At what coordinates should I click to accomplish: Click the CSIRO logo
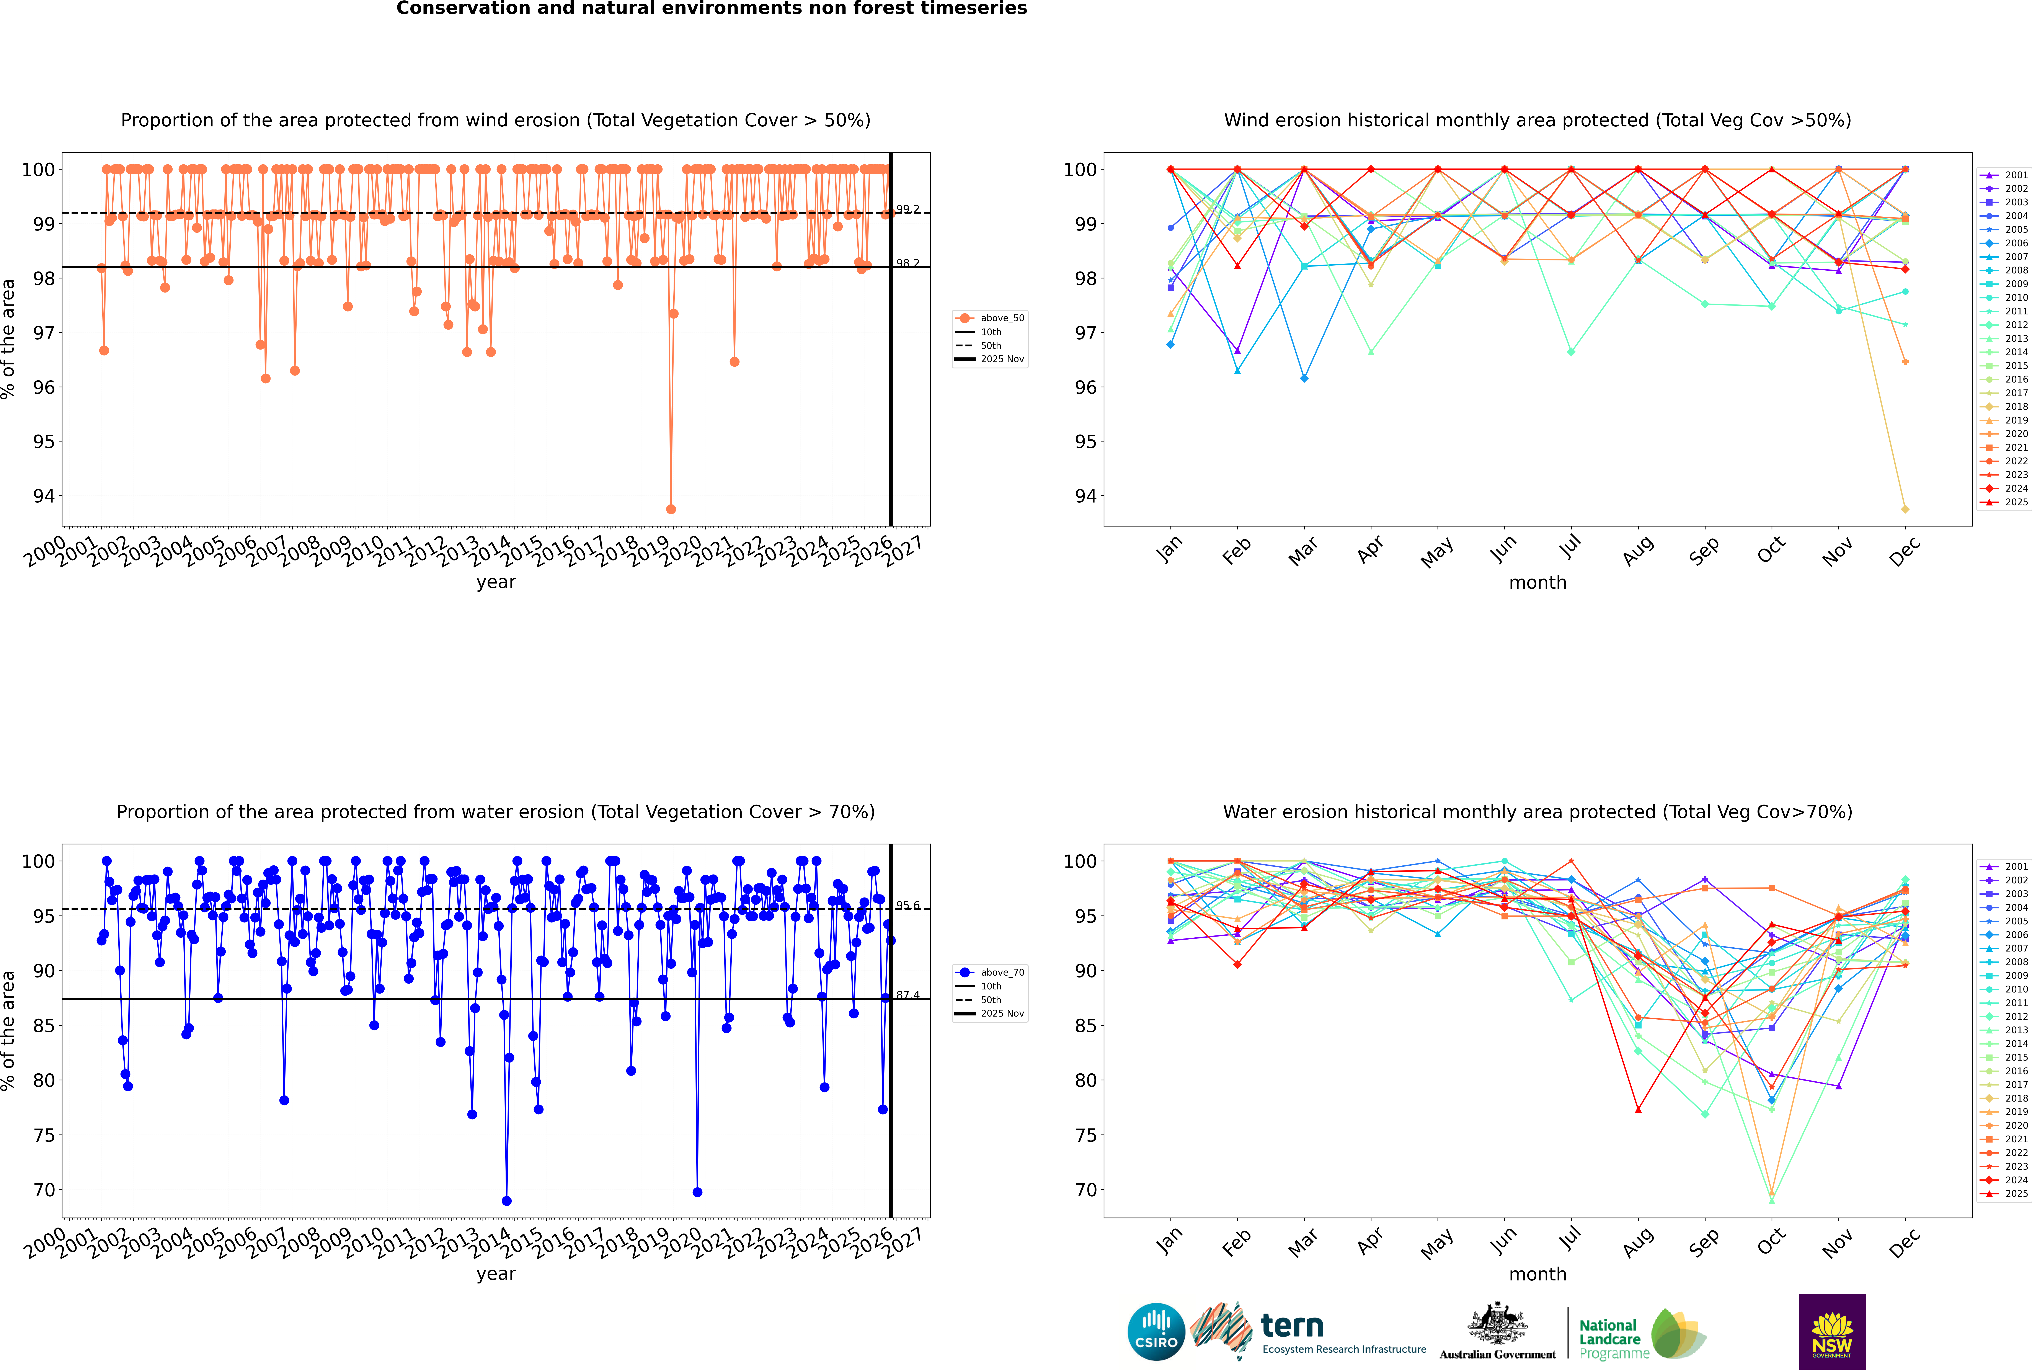1156,1332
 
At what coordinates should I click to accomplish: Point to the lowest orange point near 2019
671,508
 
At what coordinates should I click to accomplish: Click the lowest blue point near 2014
507,1200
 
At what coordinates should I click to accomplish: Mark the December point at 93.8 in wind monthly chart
1905,508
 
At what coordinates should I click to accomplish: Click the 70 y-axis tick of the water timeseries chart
44,1190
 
